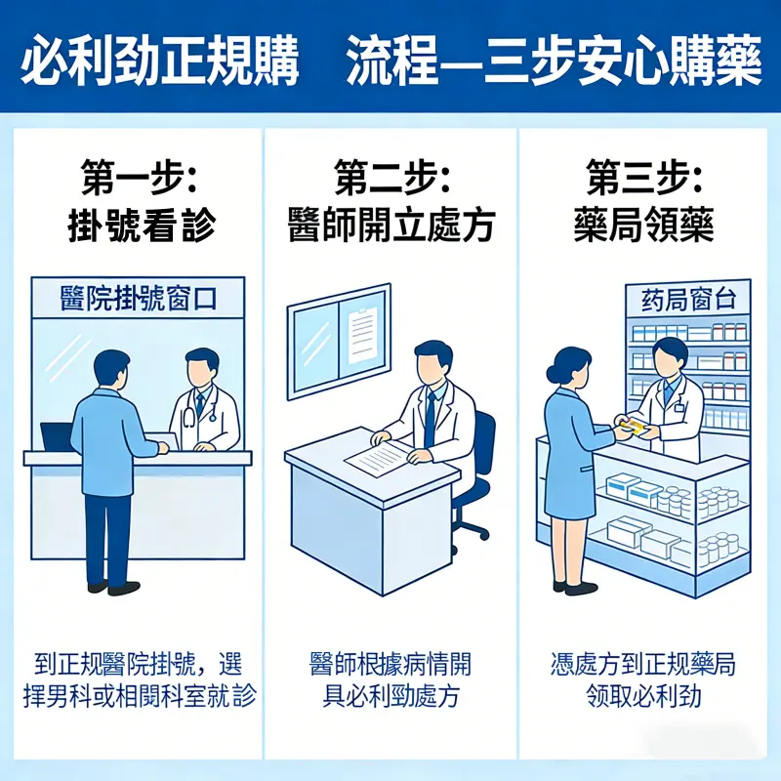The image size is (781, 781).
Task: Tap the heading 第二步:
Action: point(390,180)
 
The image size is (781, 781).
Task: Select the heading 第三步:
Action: point(645,180)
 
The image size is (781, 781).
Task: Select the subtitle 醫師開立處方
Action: point(390,226)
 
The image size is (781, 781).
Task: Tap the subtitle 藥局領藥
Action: point(644,226)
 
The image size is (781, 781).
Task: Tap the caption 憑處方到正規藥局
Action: point(644,666)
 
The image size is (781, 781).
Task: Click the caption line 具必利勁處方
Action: point(390,697)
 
